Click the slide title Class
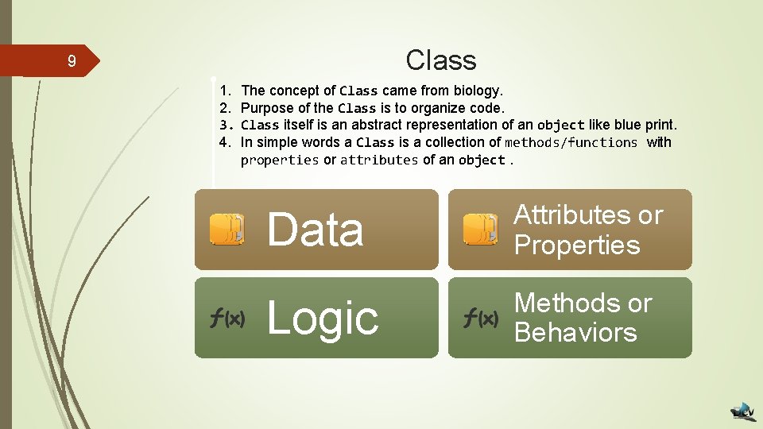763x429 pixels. point(440,60)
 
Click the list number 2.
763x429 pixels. point(225,108)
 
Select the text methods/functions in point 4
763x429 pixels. point(571,142)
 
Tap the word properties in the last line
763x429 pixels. point(279,160)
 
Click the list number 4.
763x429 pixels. point(225,142)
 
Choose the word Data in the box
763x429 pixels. point(316,230)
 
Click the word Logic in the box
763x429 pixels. point(323,318)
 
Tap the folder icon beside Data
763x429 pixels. point(227,229)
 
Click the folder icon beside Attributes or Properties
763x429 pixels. point(481,229)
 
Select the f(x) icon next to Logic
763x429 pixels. point(227,319)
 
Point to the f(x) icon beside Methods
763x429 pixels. point(481,319)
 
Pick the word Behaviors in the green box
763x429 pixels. point(575,332)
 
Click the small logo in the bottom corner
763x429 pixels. point(744,411)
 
